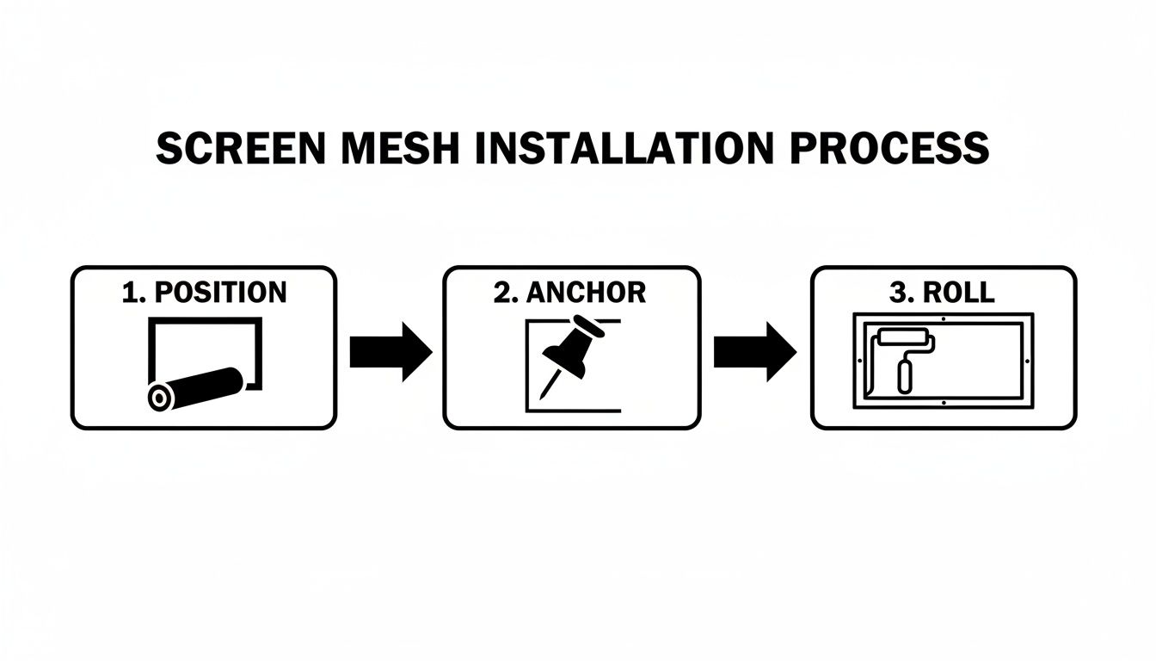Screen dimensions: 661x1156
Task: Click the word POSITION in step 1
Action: (219, 293)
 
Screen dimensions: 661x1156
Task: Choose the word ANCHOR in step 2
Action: (585, 293)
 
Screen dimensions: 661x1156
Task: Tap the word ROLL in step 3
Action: (958, 293)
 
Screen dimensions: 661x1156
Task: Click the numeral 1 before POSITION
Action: (130, 293)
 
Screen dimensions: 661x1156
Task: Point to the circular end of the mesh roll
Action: (160, 397)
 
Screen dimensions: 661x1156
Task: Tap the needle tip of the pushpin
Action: (542, 397)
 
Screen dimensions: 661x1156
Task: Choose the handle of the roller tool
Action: (905, 376)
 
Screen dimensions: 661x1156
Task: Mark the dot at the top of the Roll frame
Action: (943, 319)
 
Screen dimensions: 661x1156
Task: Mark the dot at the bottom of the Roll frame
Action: (943, 402)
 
